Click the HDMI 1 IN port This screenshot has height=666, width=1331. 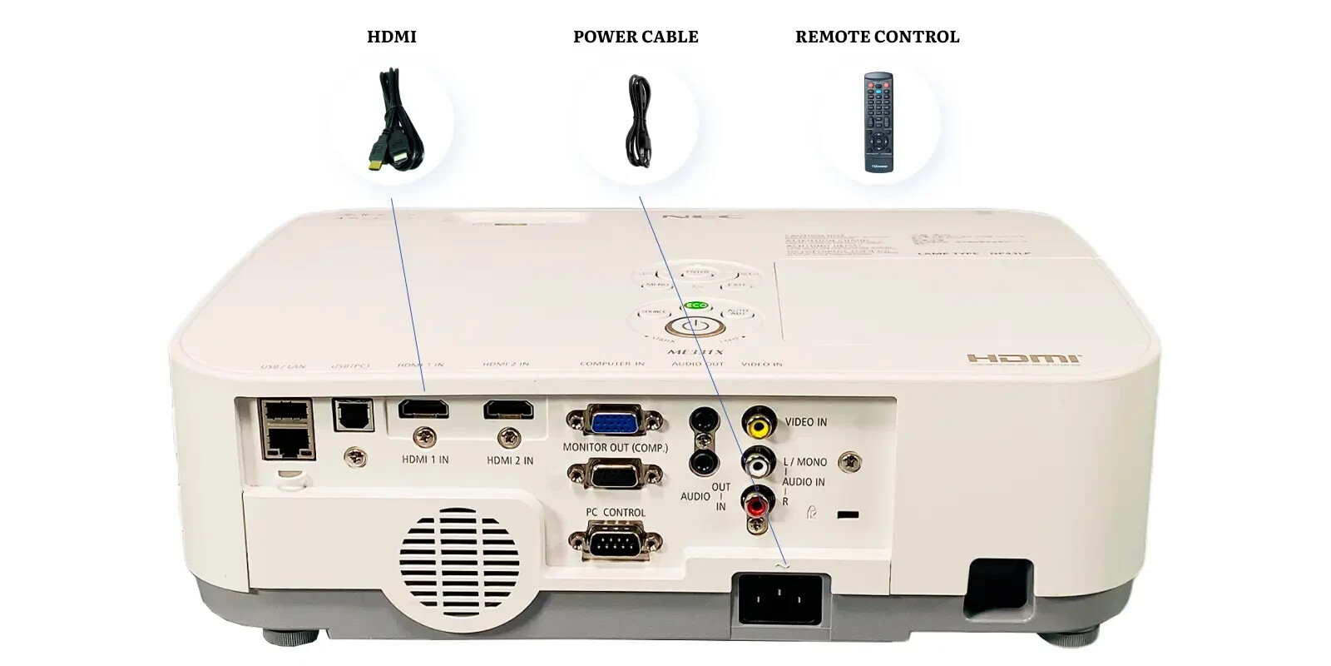coord(423,409)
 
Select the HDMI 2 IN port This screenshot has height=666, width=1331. coord(509,409)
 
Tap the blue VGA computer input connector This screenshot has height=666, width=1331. coord(615,421)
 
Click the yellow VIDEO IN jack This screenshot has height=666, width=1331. coord(758,425)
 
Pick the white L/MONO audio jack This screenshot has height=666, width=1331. coord(758,462)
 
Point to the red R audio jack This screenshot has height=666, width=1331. coord(757,503)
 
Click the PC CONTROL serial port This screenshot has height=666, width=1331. coord(615,543)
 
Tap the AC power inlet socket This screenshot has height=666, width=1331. coord(779,597)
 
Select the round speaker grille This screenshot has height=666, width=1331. coord(458,559)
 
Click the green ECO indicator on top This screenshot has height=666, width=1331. coord(696,306)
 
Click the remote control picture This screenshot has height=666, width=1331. coord(878,122)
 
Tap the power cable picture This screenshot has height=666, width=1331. coord(637,122)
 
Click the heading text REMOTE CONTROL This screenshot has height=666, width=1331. coord(877,37)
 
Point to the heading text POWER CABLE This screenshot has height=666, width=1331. coord(636,37)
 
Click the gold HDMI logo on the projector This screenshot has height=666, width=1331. coord(1024,359)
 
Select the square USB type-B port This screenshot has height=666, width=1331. coord(354,414)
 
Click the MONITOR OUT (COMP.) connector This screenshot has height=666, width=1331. coord(615,475)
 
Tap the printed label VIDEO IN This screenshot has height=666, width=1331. coord(805,422)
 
